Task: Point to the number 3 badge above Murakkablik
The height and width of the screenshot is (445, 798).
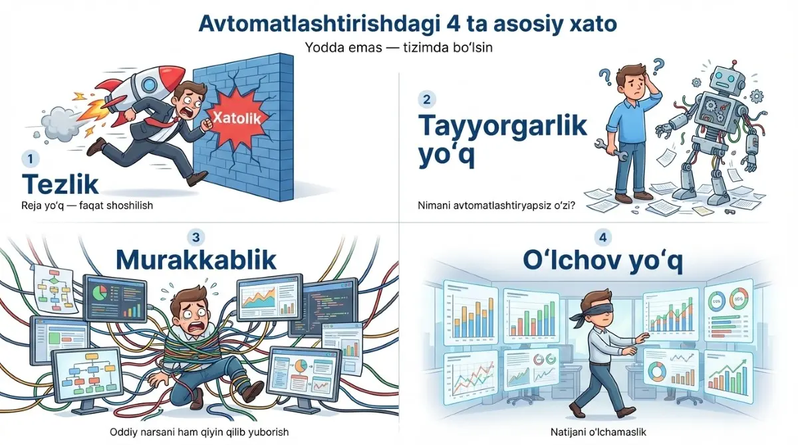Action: click(194, 236)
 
